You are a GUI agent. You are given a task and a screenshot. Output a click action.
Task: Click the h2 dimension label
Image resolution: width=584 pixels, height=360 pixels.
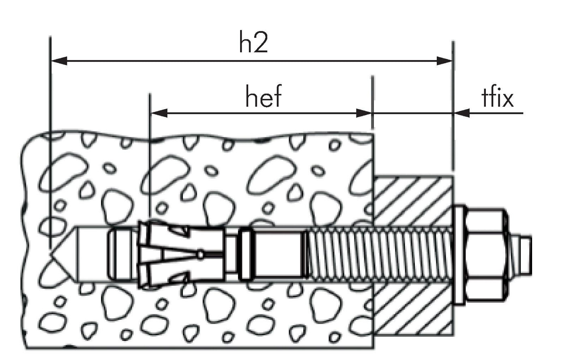pos(253,42)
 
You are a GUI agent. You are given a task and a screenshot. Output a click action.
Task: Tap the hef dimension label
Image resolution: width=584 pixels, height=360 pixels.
pos(263,97)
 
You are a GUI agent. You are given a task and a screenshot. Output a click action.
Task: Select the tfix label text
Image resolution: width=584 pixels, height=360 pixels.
pos(498,97)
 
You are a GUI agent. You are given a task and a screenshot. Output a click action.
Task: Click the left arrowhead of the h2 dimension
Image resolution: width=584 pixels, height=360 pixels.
pos(59,61)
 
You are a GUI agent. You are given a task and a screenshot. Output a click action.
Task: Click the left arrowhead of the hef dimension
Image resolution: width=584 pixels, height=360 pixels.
pos(159,113)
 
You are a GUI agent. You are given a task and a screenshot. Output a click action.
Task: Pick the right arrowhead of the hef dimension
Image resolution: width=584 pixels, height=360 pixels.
pos(364,113)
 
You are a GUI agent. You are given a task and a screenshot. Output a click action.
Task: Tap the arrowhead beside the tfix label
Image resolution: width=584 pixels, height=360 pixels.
pos(462,113)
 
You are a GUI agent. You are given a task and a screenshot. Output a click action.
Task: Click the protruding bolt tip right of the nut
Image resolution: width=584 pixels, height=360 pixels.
pos(520,254)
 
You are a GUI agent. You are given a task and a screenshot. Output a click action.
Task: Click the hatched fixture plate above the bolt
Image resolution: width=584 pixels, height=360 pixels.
pos(413,201)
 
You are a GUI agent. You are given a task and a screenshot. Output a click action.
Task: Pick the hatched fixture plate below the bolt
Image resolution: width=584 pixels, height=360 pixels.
pos(413,309)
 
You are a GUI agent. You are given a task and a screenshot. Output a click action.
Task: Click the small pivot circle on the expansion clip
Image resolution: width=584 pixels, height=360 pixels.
pos(200,254)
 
